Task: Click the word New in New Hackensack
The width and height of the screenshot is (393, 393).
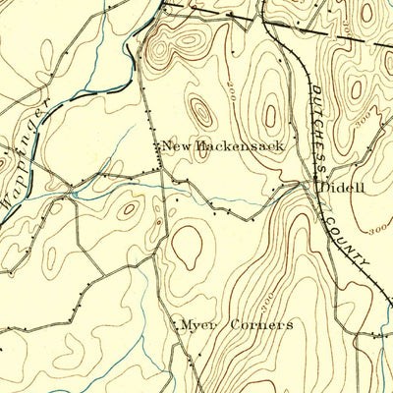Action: click(x=175, y=146)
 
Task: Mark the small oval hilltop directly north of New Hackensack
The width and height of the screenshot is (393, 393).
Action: click(x=200, y=111)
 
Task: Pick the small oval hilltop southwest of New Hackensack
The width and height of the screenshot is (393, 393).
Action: click(x=129, y=208)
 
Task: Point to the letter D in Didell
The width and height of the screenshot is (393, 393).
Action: click(x=317, y=186)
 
